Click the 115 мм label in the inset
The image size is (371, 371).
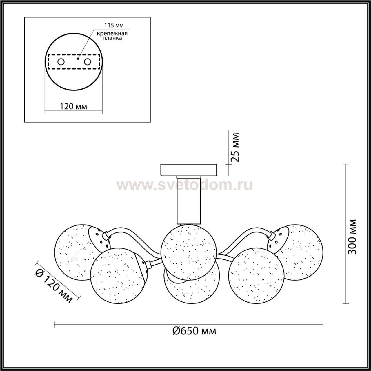pyautogui.click(x=114, y=25)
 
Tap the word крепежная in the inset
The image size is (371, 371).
pyautogui.click(x=112, y=34)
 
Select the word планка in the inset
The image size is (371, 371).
pyautogui.click(x=112, y=38)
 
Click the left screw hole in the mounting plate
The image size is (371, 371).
pyautogui.click(x=61, y=62)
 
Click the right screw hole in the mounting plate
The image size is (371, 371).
pyautogui.click(x=87, y=62)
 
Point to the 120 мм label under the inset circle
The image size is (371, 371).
pyautogui.click(x=73, y=106)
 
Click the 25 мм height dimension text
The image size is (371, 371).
pyautogui.click(x=235, y=147)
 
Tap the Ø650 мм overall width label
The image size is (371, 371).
pyautogui.click(x=194, y=331)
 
